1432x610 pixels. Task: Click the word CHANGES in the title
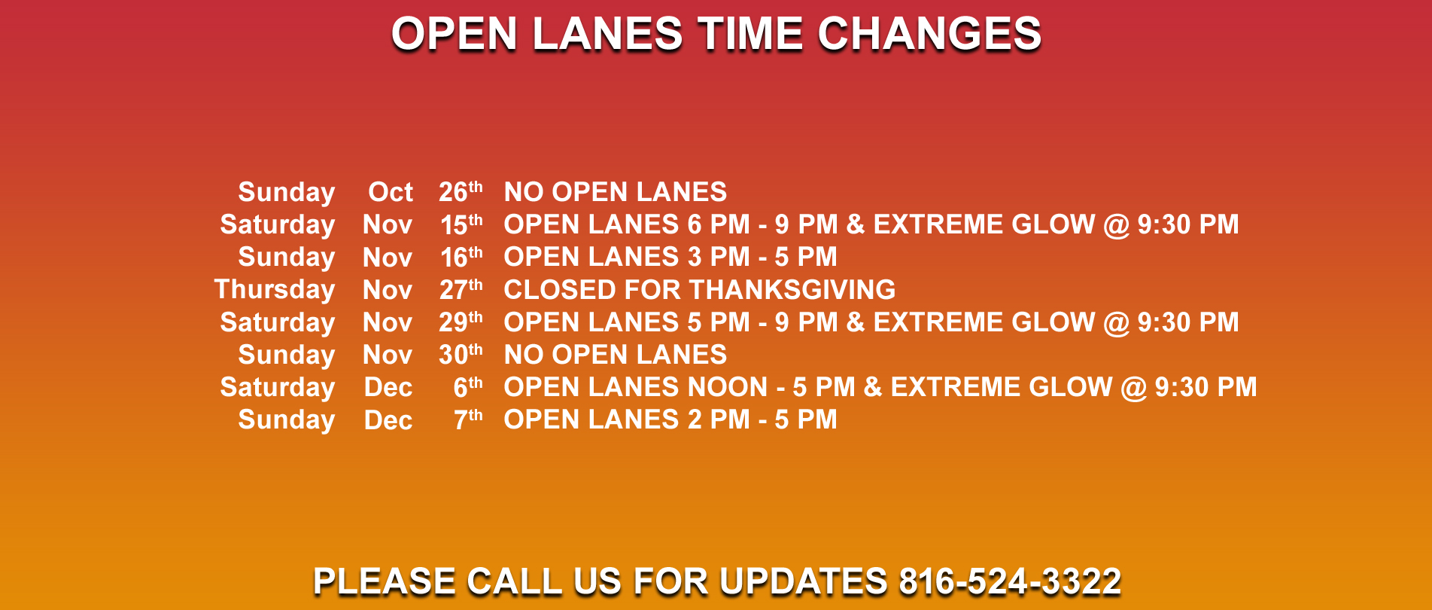point(929,34)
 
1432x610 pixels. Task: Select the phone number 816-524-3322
point(1010,581)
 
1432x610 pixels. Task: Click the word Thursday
point(275,290)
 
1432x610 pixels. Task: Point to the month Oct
point(391,192)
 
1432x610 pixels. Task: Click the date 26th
point(461,191)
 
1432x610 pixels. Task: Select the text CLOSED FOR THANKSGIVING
point(700,290)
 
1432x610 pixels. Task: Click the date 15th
point(461,224)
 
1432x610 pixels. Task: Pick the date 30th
point(461,355)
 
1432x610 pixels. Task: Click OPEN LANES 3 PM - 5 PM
point(670,257)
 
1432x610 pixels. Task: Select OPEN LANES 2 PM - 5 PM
point(670,419)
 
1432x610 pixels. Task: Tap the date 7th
point(468,419)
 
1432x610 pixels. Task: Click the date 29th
point(461,322)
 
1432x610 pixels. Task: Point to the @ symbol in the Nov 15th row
point(1117,225)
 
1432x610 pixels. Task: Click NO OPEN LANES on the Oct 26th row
point(616,192)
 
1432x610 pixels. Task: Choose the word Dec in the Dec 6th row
point(388,387)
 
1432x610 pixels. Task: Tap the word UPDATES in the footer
point(803,581)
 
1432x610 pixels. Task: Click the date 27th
point(461,290)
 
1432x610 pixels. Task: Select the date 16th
point(461,257)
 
